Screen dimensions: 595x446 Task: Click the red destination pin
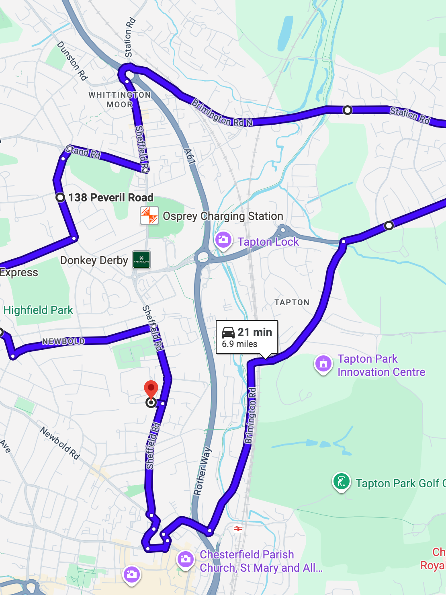point(151,389)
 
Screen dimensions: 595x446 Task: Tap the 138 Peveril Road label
point(110,197)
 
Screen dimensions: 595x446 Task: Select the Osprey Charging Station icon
point(149,216)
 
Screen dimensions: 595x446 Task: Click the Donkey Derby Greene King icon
point(141,260)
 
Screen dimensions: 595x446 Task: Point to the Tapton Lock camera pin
point(223,240)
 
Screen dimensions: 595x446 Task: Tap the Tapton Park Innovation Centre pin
point(323,364)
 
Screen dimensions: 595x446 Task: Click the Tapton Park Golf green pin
point(341,481)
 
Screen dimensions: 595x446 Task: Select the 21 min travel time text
point(254,332)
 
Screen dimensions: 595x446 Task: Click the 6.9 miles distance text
point(239,344)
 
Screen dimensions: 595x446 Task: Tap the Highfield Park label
point(38,310)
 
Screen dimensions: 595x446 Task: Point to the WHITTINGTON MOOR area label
point(120,100)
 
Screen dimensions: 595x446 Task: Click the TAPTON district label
point(292,302)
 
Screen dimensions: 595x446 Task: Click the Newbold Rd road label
point(60,443)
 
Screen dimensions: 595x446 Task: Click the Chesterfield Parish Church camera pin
point(186,559)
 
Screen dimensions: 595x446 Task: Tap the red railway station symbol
point(238,529)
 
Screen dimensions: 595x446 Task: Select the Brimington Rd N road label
point(222,113)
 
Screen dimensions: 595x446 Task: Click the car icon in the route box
point(228,332)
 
